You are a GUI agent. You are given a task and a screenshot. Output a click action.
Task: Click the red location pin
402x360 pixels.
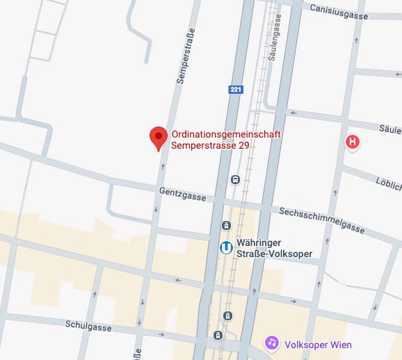click(159, 138)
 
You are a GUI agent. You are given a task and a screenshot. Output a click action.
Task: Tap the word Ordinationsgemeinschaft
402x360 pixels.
click(226, 134)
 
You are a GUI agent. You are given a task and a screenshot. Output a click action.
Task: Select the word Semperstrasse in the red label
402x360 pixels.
click(203, 146)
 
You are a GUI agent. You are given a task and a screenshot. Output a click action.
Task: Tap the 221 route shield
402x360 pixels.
click(236, 90)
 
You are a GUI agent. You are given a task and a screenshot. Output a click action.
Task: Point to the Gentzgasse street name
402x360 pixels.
click(182, 193)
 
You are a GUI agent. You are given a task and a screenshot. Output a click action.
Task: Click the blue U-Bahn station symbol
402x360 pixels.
click(226, 247)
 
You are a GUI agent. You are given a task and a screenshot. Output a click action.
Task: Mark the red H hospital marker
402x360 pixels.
click(353, 142)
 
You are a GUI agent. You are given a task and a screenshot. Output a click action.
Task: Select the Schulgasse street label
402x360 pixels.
click(89, 325)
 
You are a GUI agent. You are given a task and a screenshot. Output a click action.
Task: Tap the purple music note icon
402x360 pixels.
click(273, 343)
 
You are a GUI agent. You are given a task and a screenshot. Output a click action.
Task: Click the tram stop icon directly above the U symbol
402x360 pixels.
click(226, 224)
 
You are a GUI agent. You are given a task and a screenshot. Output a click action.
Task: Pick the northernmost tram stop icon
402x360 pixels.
click(236, 179)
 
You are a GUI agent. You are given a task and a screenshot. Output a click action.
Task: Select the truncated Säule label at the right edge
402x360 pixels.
click(390, 129)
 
